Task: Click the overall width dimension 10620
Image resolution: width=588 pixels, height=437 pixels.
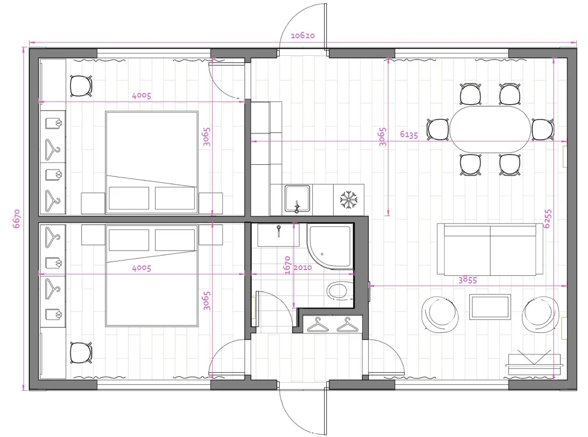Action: point(302,36)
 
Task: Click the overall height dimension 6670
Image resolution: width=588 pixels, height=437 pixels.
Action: point(16,218)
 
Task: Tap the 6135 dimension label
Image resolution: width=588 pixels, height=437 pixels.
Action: point(409,134)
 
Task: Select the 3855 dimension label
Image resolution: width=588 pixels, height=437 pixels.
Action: point(467,280)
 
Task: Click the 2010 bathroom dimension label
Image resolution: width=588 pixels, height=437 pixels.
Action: point(302,267)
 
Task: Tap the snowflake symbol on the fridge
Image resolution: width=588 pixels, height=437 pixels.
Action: point(349,200)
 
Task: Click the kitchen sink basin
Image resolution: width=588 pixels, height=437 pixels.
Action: point(297,199)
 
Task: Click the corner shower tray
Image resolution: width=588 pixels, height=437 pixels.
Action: point(330,246)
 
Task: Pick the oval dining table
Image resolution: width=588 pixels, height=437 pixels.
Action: point(491,129)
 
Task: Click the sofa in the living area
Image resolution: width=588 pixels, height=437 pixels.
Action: point(490,250)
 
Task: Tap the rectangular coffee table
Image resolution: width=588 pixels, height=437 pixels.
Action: point(490,307)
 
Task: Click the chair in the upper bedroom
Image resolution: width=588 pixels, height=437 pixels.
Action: point(81,86)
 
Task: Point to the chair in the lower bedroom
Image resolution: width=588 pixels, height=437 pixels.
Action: point(81,352)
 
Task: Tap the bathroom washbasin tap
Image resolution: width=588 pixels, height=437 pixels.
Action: point(279,230)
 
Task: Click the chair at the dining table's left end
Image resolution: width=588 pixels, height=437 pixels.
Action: point(438,130)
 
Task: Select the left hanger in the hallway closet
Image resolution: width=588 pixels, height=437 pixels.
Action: point(318,325)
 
